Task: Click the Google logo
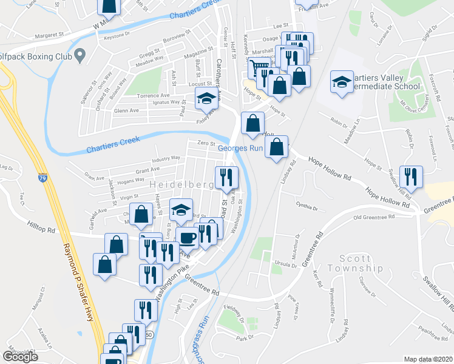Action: [x=20, y=357]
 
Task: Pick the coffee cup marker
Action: [x=188, y=237]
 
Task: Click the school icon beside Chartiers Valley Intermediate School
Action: [x=342, y=81]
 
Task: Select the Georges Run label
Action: [x=240, y=147]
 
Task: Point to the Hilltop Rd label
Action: [x=41, y=227]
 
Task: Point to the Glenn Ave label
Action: [x=127, y=111]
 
